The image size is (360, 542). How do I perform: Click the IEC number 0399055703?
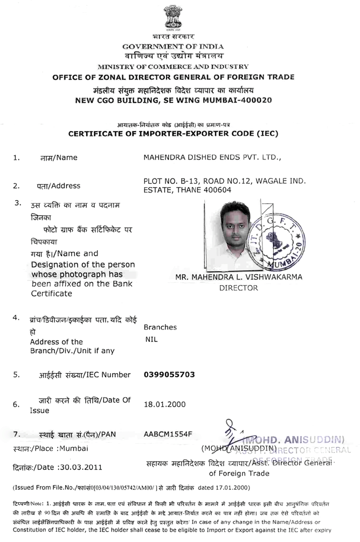coord(169,374)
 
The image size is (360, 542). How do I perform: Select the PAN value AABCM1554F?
coord(168,434)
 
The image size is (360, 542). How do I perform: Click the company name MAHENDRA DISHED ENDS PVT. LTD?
coord(213,157)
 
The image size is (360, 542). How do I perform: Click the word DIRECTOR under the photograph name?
coord(239,288)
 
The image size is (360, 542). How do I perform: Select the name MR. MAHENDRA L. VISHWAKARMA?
coord(239,277)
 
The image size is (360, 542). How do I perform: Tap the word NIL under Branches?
coord(151,340)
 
